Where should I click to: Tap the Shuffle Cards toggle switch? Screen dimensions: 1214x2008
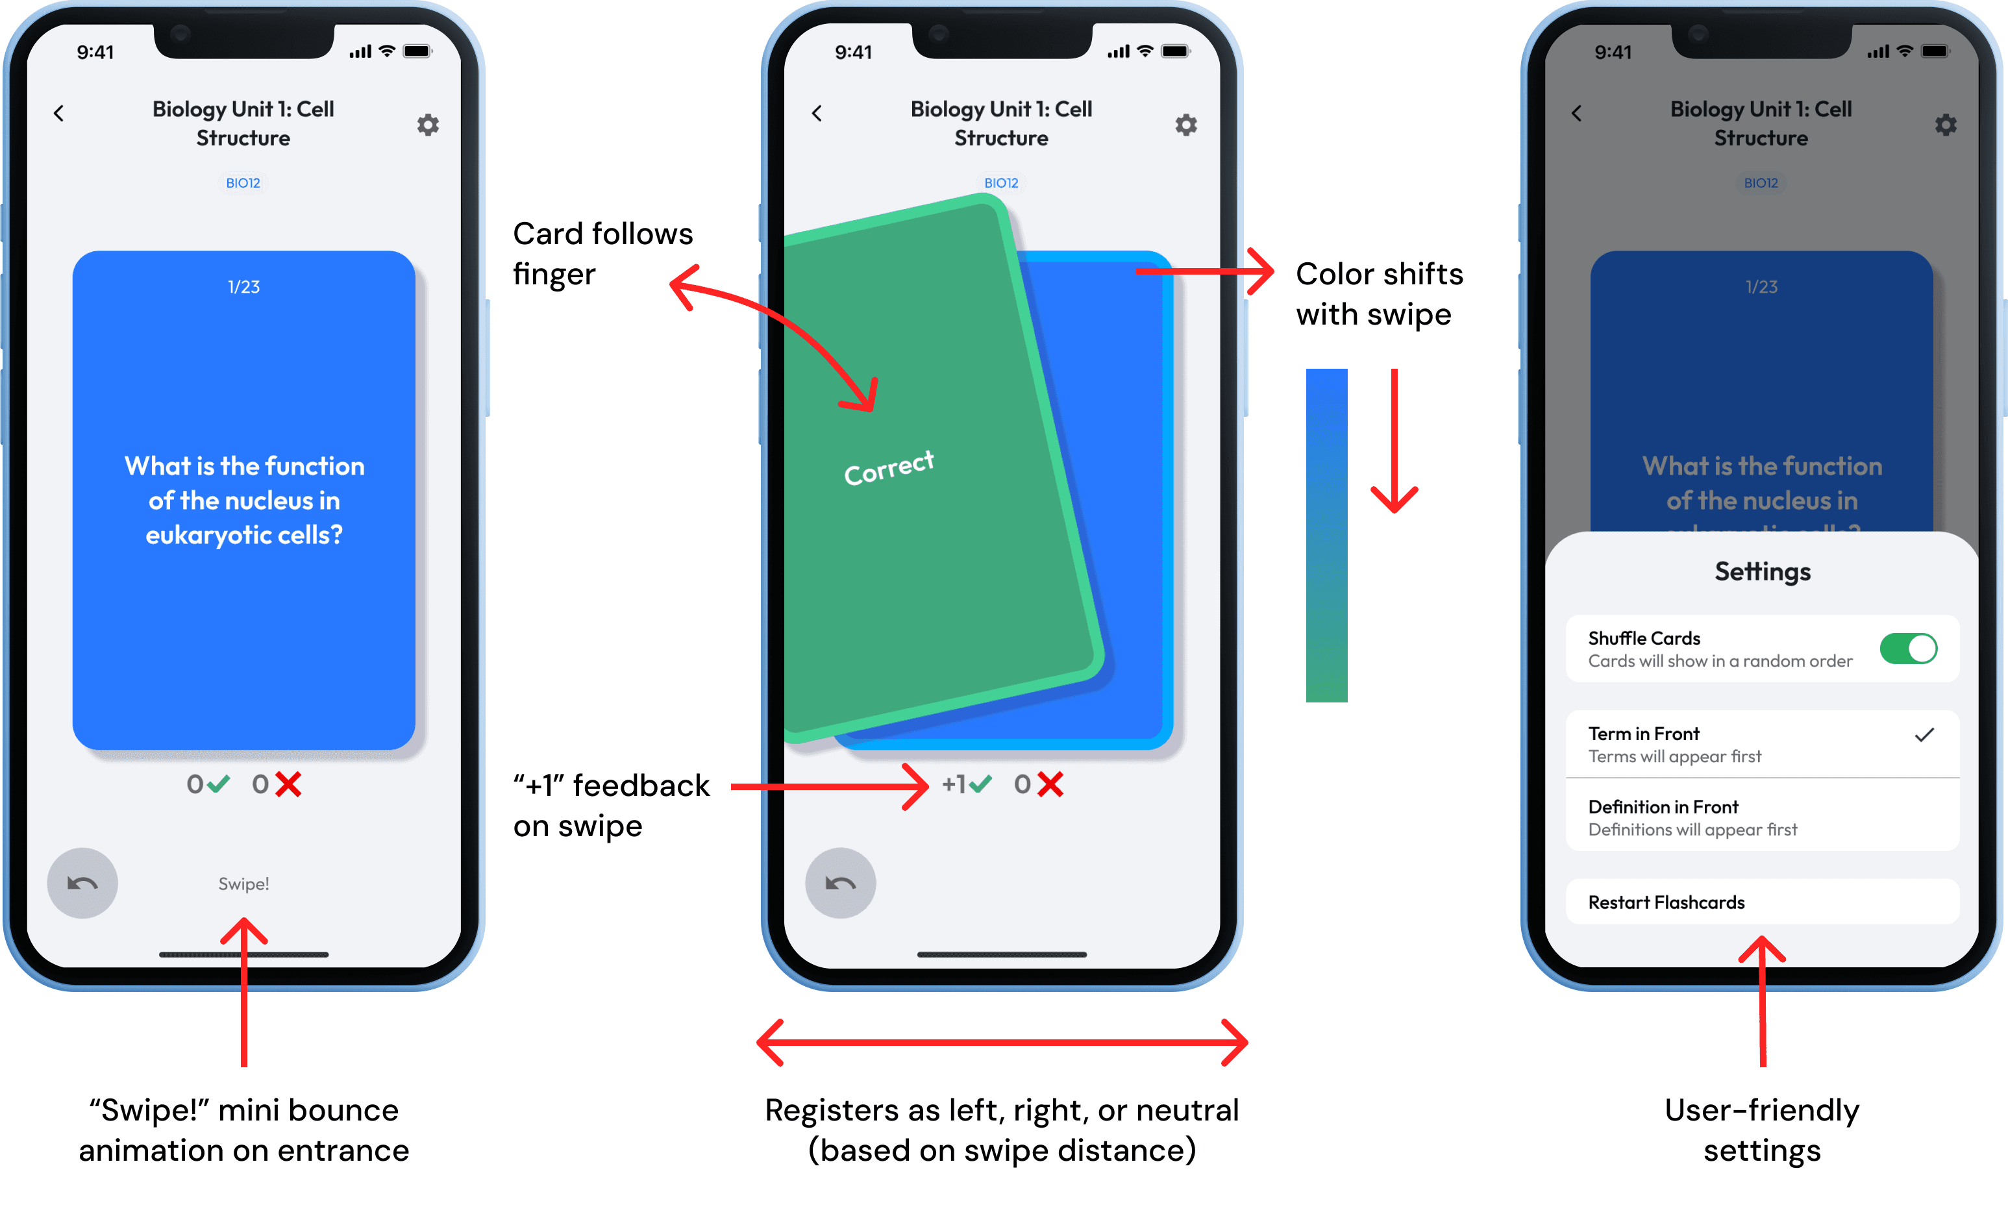pyautogui.click(x=1908, y=649)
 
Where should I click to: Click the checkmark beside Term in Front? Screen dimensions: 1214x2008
pyautogui.click(x=1924, y=735)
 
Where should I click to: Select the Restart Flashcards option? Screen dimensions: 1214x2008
pyautogui.click(x=1666, y=902)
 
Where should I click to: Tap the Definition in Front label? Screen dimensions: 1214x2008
pyautogui.click(x=1663, y=806)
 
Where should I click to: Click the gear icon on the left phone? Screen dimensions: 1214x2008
pyautogui.click(x=428, y=125)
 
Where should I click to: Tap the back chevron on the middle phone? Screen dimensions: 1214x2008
pyautogui.click(x=817, y=113)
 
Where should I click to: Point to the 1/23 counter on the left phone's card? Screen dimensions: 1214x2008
pyautogui.click(x=243, y=287)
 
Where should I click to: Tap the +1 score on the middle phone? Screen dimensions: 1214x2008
pyautogui.click(x=954, y=785)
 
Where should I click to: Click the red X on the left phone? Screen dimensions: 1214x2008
pyautogui.click(x=288, y=785)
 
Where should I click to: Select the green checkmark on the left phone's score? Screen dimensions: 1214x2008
pyautogui.click(x=217, y=785)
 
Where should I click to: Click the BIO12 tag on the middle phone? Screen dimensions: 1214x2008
pyautogui.click(x=1000, y=183)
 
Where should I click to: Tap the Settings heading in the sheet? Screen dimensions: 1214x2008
pyautogui.click(x=1762, y=572)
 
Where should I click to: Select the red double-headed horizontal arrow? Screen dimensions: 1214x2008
pyautogui.click(x=1002, y=1042)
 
